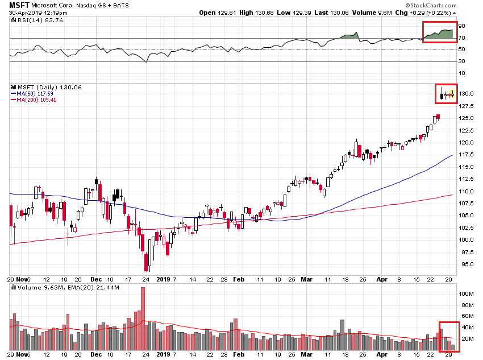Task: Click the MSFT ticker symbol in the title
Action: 18,5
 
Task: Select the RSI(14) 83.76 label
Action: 31,20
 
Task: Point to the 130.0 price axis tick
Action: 467,94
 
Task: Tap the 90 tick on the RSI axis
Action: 462,26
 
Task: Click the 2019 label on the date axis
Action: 163,279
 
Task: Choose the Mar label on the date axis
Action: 307,279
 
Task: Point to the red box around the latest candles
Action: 447,93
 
